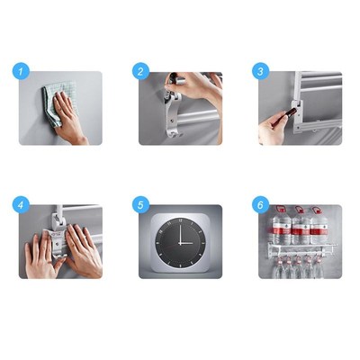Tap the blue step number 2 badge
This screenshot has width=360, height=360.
coord(140,71)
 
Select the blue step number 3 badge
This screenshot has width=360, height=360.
coord(261,71)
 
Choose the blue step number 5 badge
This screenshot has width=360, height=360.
coord(140,204)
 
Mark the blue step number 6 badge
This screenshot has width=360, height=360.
coord(261,204)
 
